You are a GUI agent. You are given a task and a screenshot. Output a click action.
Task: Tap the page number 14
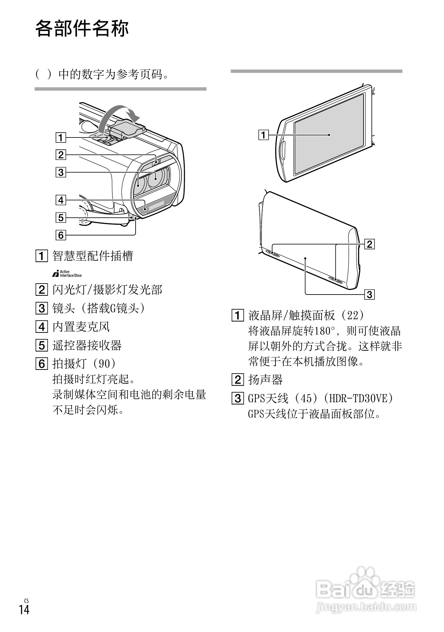[x=24, y=609]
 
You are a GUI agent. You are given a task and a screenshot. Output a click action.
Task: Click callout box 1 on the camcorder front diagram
[x=61, y=137]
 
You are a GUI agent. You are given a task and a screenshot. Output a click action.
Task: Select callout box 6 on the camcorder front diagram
[x=61, y=235]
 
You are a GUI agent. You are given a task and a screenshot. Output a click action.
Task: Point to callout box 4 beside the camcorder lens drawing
[x=61, y=200]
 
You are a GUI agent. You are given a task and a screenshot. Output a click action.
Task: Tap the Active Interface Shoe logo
[x=67, y=273]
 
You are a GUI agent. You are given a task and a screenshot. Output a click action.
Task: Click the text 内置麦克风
[x=81, y=327]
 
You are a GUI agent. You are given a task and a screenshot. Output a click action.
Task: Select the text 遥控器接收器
[x=87, y=345]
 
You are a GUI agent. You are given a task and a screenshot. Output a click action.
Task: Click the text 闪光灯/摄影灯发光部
[x=107, y=290]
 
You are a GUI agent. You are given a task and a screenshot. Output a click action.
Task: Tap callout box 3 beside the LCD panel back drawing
[x=369, y=295]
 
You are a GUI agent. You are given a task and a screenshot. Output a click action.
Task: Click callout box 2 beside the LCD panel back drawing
[x=369, y=244]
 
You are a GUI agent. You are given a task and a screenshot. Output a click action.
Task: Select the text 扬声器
[x=265, y=380]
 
